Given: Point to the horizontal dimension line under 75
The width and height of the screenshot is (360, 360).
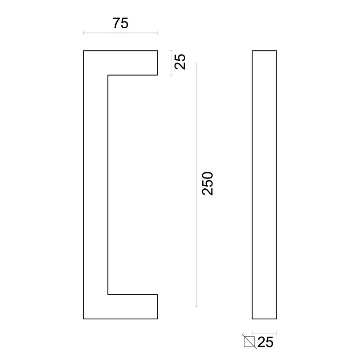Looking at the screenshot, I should pyautogui.click(x=120, y=33).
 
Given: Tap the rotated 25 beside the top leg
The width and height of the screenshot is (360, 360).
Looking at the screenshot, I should pyautogui.click(x=180, y=62).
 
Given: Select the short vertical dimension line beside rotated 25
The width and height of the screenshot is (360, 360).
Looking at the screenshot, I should pyautogui.click(x=171, y=62).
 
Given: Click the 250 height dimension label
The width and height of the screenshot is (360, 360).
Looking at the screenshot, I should pyautogui.click(x=207, y=183).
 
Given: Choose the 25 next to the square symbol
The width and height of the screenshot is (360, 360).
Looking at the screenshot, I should pyautogui.click(x=265, y=340).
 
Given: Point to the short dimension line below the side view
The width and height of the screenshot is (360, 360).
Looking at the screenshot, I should pyautogui.click(x=265, y=332).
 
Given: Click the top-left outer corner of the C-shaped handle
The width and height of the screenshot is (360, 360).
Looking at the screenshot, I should pyautogui.click(x=83, y=50).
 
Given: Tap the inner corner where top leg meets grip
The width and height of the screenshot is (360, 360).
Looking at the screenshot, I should pyautogui.click(x=107, y=76).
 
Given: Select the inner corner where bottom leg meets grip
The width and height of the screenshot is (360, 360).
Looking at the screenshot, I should pyautogui.click(x=107, y=295).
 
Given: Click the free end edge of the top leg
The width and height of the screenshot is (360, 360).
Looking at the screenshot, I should pyautogui.click(x=157, y=63).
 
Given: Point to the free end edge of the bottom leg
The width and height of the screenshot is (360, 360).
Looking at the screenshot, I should pyautogui.click(x=157, y=307).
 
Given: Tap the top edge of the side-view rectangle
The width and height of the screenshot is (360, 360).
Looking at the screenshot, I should pyautogui.click(x=265, y=50).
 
